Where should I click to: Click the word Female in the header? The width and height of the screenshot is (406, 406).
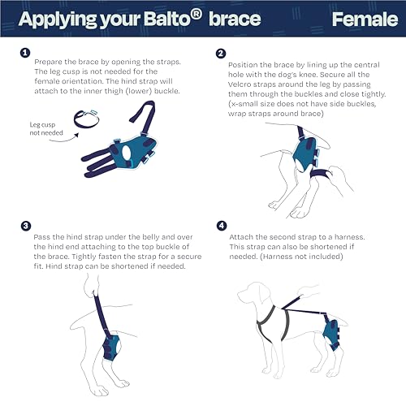365,19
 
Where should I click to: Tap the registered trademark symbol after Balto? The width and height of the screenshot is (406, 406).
196,15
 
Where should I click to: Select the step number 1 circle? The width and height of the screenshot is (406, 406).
25,53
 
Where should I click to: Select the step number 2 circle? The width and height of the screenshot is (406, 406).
221,54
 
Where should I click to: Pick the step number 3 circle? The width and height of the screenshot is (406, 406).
26,226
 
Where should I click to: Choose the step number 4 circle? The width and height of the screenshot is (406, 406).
222,226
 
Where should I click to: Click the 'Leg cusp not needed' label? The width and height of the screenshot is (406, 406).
46,128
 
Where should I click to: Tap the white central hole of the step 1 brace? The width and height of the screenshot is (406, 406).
127,153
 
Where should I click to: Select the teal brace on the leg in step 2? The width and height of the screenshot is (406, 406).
305,154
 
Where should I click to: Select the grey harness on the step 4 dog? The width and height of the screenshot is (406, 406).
274,323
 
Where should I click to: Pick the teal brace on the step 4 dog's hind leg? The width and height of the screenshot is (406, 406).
331,331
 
